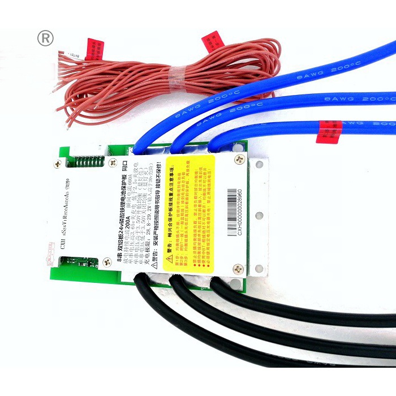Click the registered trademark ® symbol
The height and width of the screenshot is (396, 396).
click(45, 38)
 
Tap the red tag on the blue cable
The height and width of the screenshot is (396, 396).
click(329, 131)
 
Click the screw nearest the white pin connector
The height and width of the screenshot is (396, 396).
click(57, 165)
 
